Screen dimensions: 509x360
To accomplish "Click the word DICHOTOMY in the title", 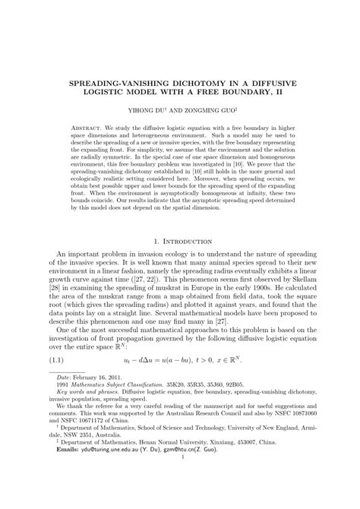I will pos(192,79).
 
